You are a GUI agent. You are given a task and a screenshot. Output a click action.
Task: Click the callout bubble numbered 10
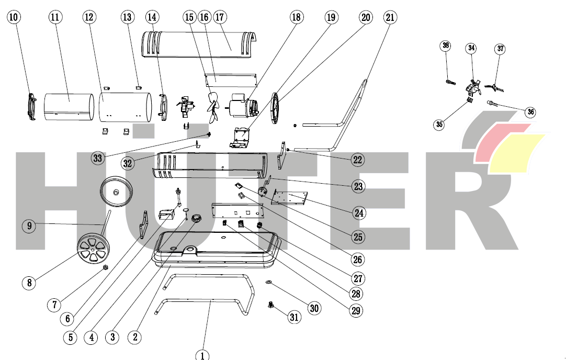(14, 17)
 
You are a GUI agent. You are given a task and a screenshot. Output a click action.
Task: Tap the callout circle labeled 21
(390, 17)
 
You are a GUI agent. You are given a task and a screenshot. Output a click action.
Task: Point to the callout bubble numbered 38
(446, 46)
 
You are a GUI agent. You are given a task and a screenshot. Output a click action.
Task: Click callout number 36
(530, 111)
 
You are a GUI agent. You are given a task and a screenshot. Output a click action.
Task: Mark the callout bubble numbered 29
(356, 310)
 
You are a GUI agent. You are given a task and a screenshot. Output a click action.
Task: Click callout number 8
(29, 283)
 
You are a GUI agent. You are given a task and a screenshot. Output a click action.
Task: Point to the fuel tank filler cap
(197, 219)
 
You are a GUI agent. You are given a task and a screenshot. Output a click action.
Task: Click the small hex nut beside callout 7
(105, 268)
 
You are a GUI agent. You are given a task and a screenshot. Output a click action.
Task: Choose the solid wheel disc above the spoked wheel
(116, 191)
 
